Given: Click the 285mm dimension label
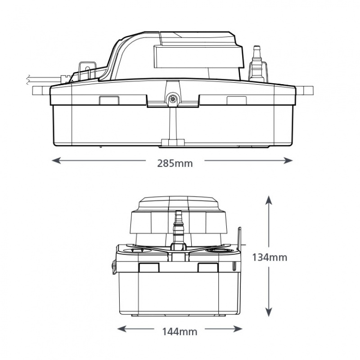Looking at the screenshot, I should [175, 163].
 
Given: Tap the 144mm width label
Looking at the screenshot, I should [179, 332].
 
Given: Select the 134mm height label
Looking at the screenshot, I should [269, 257].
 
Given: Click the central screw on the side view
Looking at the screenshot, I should [172, 100].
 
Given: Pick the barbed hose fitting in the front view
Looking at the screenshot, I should [178, 225].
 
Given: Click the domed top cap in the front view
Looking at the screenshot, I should [179, 205].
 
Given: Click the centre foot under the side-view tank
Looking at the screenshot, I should [172, 143].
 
